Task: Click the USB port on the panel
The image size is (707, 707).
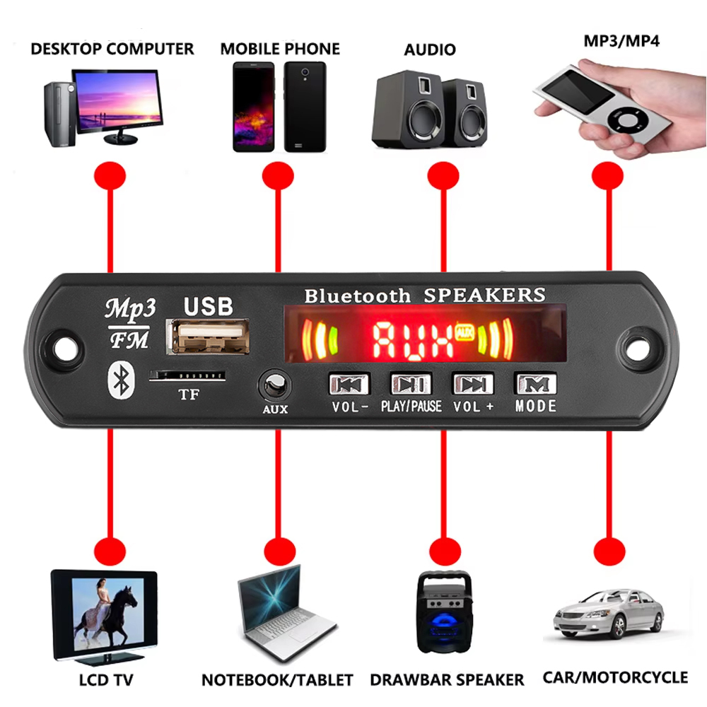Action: [208, 337]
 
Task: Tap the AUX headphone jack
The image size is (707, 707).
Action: [274, 386]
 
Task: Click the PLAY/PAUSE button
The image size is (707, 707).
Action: [411, 384]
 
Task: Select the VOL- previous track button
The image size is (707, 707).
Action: [349, 384]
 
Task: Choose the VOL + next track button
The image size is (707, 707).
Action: [473, 384]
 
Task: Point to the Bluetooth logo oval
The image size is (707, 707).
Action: [122, 380]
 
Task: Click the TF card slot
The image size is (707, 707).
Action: [187, 375]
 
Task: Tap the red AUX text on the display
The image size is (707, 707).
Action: [413, 340]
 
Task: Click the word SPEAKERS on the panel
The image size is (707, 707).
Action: [485, 296]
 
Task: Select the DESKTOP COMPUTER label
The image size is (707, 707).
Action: [112, 49]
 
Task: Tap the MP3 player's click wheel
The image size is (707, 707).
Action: [624, 120]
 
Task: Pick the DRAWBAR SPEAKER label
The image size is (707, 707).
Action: [447, 679]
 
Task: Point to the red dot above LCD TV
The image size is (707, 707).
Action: [110, 551]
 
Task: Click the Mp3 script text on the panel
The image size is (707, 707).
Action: [130, 309]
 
